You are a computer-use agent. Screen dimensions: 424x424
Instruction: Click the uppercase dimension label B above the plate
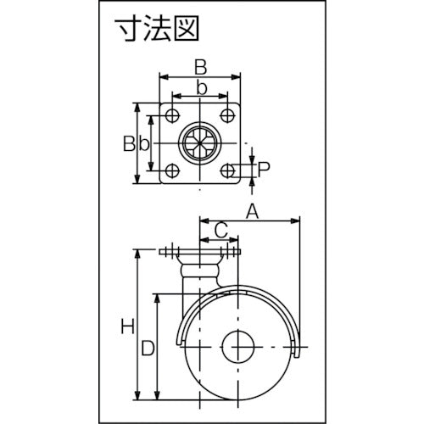[x=199, y=65]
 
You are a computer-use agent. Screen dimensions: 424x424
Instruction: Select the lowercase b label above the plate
[x=200, y=88]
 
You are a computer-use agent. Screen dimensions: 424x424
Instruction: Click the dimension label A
[x=251, y=209]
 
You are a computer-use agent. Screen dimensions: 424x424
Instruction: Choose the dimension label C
[x=220, y=230]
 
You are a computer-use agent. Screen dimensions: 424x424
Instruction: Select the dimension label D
[x=147, y=347]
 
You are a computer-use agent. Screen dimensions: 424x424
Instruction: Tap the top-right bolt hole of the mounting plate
[x=227, y=114]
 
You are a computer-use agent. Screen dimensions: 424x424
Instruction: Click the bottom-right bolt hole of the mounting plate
[x=227, y=169]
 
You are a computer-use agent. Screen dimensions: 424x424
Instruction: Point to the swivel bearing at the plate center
[x=200, y=142]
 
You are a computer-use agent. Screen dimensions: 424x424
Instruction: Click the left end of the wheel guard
[x=180, y=341]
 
